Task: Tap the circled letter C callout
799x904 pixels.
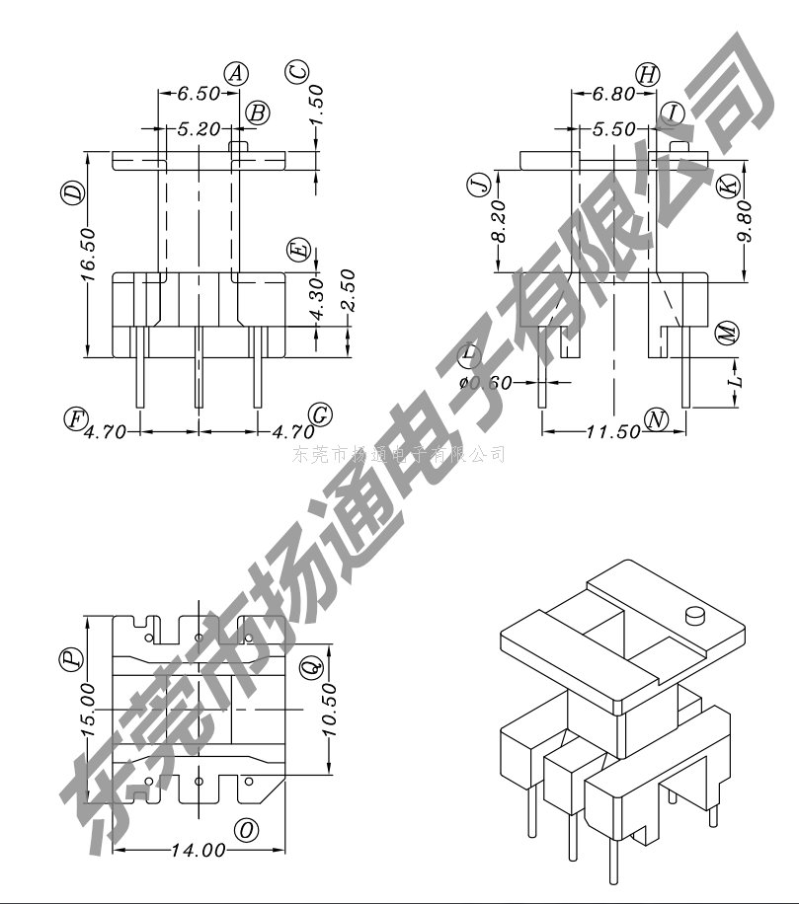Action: [297, 72]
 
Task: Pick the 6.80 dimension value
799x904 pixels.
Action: [613, 96]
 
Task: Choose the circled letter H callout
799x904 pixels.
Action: [648, 74]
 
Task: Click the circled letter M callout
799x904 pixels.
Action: [728, 333]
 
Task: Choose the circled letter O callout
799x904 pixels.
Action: [247, 830]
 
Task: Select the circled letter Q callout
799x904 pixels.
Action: [309, 667]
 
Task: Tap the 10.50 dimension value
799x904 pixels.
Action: [330, 709]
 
